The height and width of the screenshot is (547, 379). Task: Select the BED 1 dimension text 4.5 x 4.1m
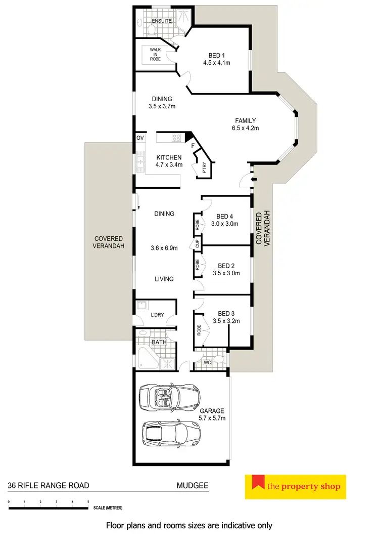[x=219, y=63]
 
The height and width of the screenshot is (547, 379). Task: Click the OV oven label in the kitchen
[x=140, y=138]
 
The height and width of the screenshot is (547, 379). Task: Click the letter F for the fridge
[x=193, y=146]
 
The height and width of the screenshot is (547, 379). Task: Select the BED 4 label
[x=224, y=217]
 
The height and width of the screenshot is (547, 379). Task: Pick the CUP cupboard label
[x=197, y=244]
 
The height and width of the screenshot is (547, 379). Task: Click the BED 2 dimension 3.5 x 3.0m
[x=226, y=273]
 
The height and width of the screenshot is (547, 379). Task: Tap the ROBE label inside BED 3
[x=199, y=329]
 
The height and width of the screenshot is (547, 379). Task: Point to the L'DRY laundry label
[x=158, y=316]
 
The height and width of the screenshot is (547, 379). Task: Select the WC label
[x=207, y=362]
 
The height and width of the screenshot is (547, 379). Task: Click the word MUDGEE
[x=193, y=485]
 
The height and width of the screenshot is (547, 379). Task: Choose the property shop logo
[x=296, y=487]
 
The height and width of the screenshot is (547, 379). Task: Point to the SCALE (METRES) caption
[x=107, y=508]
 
